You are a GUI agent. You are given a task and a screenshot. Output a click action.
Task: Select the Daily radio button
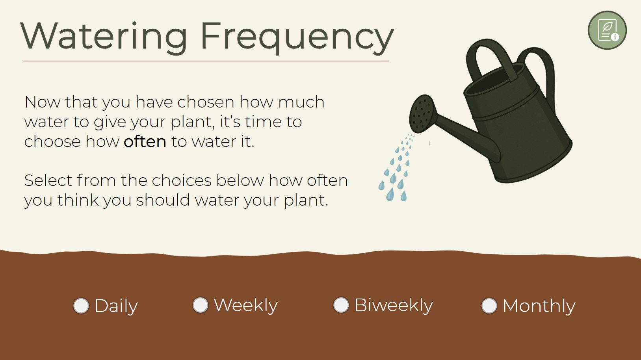pyautogui.click(x=81, y=306)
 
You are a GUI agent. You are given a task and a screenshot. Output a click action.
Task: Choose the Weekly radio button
pyautogui.click(x=200, y=305)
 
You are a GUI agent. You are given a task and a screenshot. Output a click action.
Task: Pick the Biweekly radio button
pyautogui.click(x=341, y=305)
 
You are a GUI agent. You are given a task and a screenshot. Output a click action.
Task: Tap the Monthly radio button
pyautogui.click(x=489, y=306)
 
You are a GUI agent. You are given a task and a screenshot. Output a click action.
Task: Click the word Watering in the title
pyautogui.click(x=104, y=37)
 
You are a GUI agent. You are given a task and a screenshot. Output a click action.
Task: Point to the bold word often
pyautogui.click(x=145, y=141)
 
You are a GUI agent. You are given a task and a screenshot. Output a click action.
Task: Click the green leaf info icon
pyautogui.click(x=607, y=30)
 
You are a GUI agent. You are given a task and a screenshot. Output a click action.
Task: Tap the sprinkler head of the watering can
pyautogui.click(x=422, y=114)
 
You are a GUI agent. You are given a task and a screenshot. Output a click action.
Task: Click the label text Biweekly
pyautogui.click(x=394, y=305)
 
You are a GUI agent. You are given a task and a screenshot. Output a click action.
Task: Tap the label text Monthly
pyautogui.click(x=539, y=306)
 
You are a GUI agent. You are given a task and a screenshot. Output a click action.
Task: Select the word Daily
pyautogui.click(x=116, y=306)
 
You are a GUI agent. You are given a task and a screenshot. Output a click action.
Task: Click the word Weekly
pyautogui.click(x=246, y=305)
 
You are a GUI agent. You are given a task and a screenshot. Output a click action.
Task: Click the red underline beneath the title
pyautogui.click(x=206, y=61)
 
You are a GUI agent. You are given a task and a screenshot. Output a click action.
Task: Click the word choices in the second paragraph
pyautogui.click(x=181, y=180)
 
